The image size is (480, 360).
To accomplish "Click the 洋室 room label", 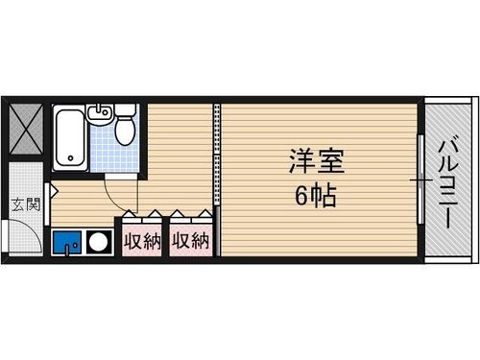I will (316, 159).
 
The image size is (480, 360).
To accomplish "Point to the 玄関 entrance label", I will (24, 204).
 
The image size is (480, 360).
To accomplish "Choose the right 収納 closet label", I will (191, 241).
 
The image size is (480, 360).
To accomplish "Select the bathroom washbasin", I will (99, 115).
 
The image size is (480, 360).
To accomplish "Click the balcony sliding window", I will (420, 180).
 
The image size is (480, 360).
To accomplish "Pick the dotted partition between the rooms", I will (217, 180).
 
